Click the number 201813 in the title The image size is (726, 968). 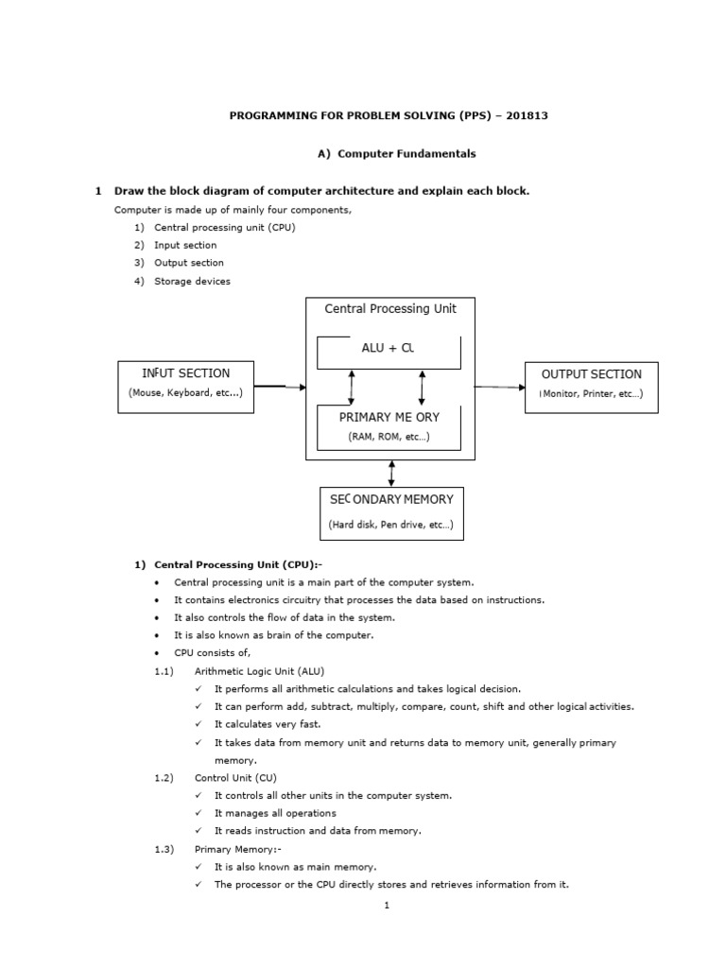point(527,116)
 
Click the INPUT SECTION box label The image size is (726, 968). point(185,373)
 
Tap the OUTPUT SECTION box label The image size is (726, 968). point(591,374)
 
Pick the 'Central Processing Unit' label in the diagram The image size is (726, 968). point(389,309)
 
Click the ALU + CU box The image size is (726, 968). point(389,350)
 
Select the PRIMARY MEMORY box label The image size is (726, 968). point(389,417)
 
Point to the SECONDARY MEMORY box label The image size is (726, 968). point(390,499)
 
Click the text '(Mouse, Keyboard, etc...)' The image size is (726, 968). point(185,393)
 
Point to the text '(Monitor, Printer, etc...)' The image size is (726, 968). point(591,393)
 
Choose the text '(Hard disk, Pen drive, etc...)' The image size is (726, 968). point(390,524)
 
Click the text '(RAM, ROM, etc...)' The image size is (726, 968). point(389,437)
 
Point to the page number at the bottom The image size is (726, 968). point(387,905)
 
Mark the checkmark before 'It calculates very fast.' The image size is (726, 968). point(199,724)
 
